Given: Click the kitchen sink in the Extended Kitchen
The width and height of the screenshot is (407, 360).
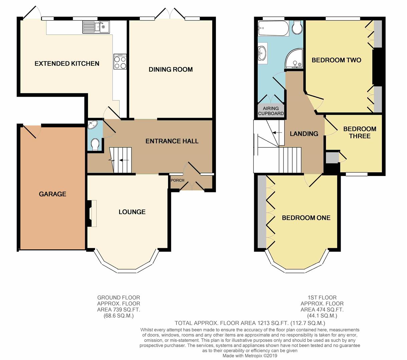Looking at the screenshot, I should (x=96, y=27).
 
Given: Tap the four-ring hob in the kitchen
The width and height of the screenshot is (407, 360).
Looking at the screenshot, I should (x=120, y=62).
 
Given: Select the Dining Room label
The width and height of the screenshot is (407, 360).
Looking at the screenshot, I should (x=170, y=69).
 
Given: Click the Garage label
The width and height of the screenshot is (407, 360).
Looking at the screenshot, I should (x=52, y=194).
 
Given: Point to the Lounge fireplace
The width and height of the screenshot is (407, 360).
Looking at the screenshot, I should (x=90, y=213).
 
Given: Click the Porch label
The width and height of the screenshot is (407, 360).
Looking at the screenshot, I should (x=177, y=180).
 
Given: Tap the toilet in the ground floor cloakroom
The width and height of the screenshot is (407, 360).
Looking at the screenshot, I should (x=95, y=145).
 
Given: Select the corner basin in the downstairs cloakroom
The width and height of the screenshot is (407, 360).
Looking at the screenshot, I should (x=92, y=125).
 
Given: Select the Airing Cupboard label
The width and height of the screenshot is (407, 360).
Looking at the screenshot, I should (x=271, y=111).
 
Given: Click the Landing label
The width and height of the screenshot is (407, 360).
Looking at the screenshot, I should (x=304, y=134).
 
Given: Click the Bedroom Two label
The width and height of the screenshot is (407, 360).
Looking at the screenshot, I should (x=336, y=60).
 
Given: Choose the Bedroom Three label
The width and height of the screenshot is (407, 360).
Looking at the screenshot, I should (x=360, y=132).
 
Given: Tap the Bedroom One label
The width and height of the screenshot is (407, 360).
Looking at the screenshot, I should (x=306, y=218).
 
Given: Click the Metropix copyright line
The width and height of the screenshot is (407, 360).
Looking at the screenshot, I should (x=250, y=356).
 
